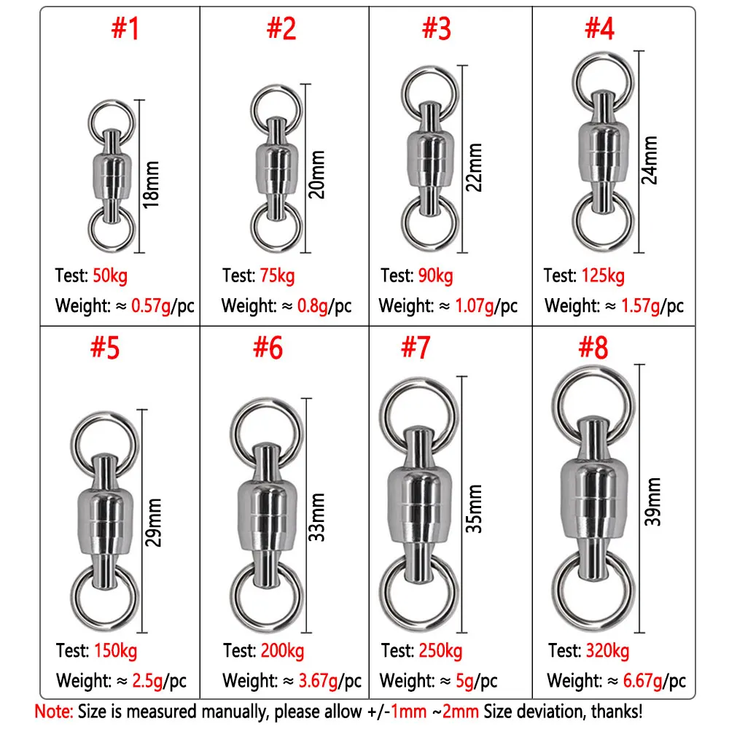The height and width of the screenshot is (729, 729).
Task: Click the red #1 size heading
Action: (x=125, y=28)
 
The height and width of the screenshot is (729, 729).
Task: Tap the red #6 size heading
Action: (x=268, y=348)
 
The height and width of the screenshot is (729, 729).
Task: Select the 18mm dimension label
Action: (x=151, y=184)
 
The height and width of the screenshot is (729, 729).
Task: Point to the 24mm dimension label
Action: (x=650, y=160)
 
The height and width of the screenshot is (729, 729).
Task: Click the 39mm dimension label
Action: (x=652, y=502)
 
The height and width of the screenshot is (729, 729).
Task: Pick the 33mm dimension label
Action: (x=316, y=518)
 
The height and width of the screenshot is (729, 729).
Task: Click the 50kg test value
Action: (x=110, y=276)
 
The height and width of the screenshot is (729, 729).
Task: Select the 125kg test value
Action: (x=603, y=276)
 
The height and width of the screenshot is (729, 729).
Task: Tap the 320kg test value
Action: (x=608, y=651)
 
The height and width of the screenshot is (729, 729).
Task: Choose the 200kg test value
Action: (x=282, y=651)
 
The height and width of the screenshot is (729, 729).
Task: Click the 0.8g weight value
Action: (x=313, y=306)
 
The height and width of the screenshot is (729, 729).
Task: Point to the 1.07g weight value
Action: (x=475, y=306)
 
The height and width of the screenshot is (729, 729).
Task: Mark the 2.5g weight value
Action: (x=147, y=681)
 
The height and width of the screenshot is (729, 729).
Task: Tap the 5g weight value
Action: (x=464, y=681)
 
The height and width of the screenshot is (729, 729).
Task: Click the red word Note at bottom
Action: (x=54, y=712)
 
